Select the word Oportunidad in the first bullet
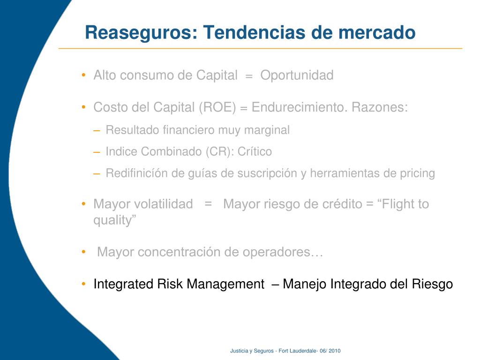[x=297, y=75]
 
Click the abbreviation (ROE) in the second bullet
[x=217, y=107]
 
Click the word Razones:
[x=380, y=107]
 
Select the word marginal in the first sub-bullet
[x=267, y=130]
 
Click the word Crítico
[x=255, y=151]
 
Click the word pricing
[x=417, y=173]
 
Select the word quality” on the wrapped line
[x=115, y=220]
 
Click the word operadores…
[x=283, y=252]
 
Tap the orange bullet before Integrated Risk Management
[x=83, y=284]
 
